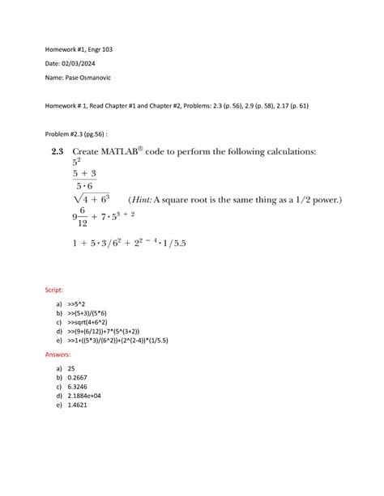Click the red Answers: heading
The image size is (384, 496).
58,354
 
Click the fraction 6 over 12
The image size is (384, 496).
83,216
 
